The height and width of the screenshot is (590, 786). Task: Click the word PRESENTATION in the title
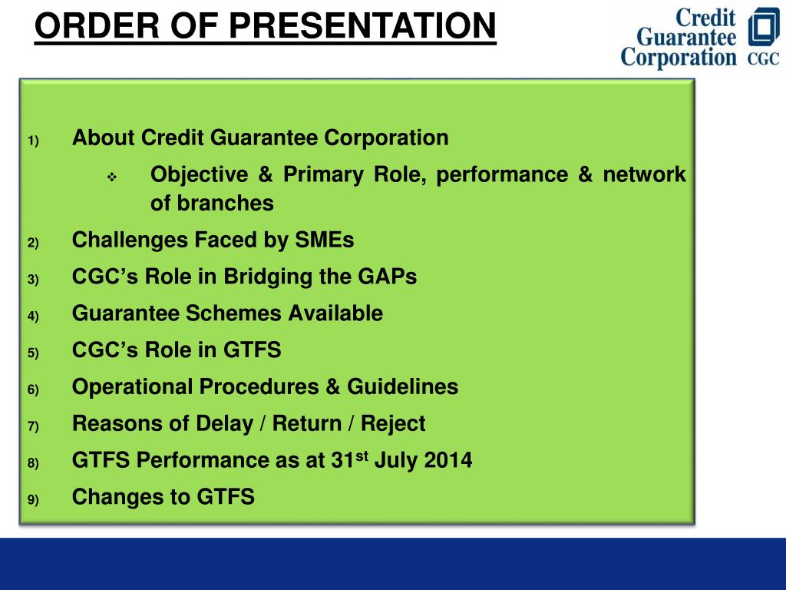pos(362,25)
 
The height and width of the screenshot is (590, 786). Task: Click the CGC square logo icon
pos(764,27)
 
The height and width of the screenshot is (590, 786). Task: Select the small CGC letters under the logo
pos(764,58)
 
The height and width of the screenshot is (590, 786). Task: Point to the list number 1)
pos(33,141)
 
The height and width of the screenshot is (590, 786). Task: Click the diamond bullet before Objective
pos(112,177)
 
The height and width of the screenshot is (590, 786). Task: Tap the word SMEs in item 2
pos(325,240)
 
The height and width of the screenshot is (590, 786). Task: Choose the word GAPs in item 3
pos(387,277)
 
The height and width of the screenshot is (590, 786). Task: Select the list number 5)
pos(33,353)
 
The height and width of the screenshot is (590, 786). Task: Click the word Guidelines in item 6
pos(402,387)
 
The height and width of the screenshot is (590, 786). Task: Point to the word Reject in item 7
pos(393,423)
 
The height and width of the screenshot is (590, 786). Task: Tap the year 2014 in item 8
pos(448,460)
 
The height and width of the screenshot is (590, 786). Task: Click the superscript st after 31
pos(362,456)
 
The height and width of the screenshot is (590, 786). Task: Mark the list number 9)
pos(33,499)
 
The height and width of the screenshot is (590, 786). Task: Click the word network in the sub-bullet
pos(644,174)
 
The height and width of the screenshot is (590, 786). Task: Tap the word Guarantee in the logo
pos(686,37)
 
